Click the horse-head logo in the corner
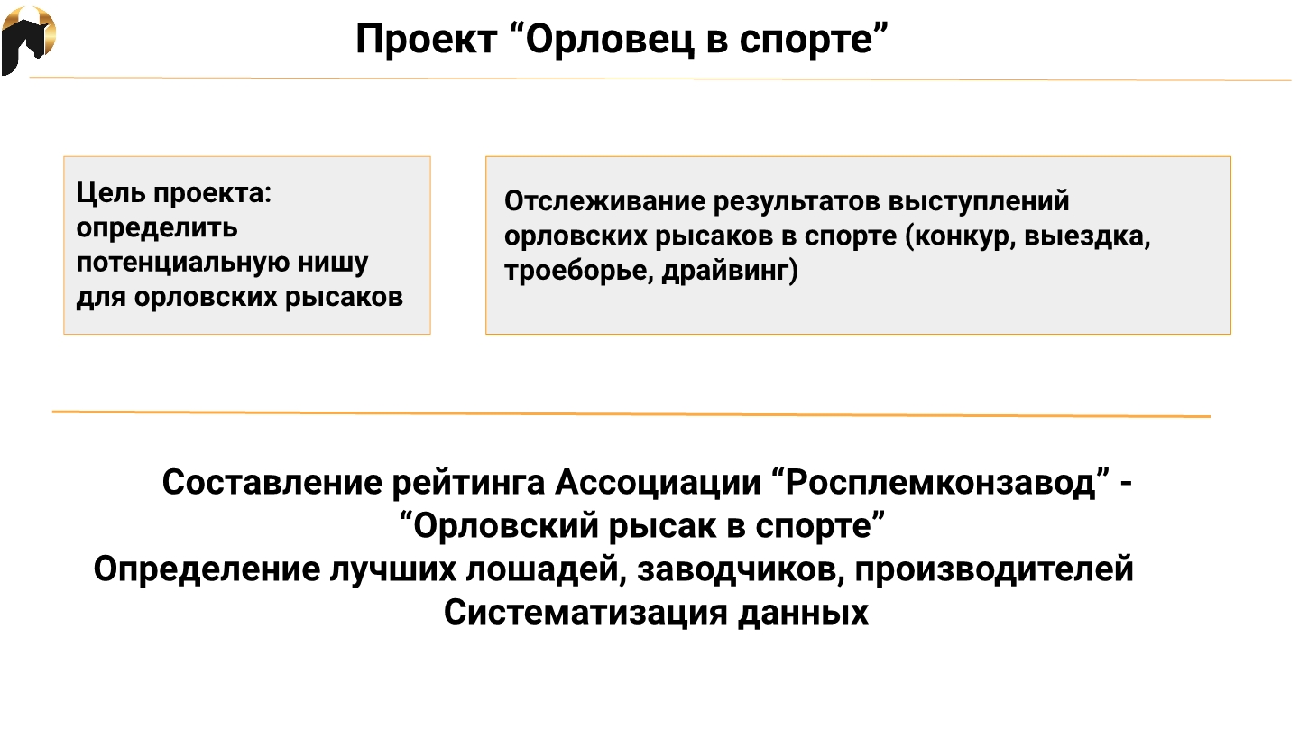point(28,41)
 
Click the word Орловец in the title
point(610,40)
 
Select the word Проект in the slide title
point(426,40)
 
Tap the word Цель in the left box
point(110,192)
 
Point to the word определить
point(157,228)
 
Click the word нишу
point(333,264)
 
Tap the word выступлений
point(978,201)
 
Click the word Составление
point(272,482)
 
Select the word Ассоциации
point(658,483)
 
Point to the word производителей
point(994,569)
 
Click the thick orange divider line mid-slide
point(631,413)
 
